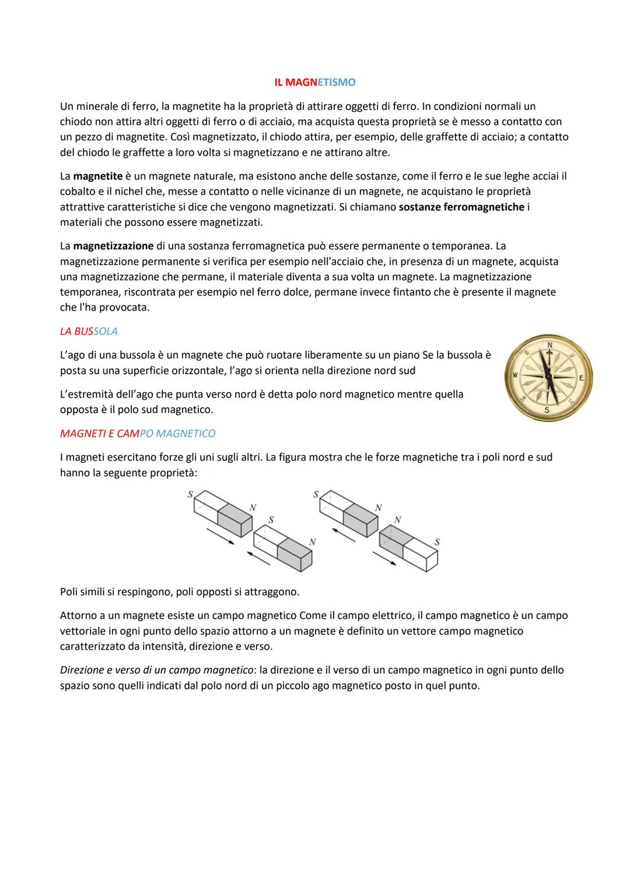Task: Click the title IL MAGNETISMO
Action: (x=314, y=82)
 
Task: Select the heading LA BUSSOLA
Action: (x=89, y=332)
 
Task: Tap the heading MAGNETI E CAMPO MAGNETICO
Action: (x=138, y=434)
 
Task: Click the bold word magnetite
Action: (x=98, y=176)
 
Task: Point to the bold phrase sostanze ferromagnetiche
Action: (x=461, y=207)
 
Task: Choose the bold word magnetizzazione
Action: (x=113, y=246)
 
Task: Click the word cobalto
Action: (x=79, y=191)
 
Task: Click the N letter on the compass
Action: (x=549, y=346)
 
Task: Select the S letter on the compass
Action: (x=547, y=410)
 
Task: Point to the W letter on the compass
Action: (x=516, y=374)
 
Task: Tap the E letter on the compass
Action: (x=581, y=378)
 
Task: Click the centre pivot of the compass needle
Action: (x=548, y=377)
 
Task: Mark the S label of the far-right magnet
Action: (x=437, y=542)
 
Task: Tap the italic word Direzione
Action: (x=82, y=670)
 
